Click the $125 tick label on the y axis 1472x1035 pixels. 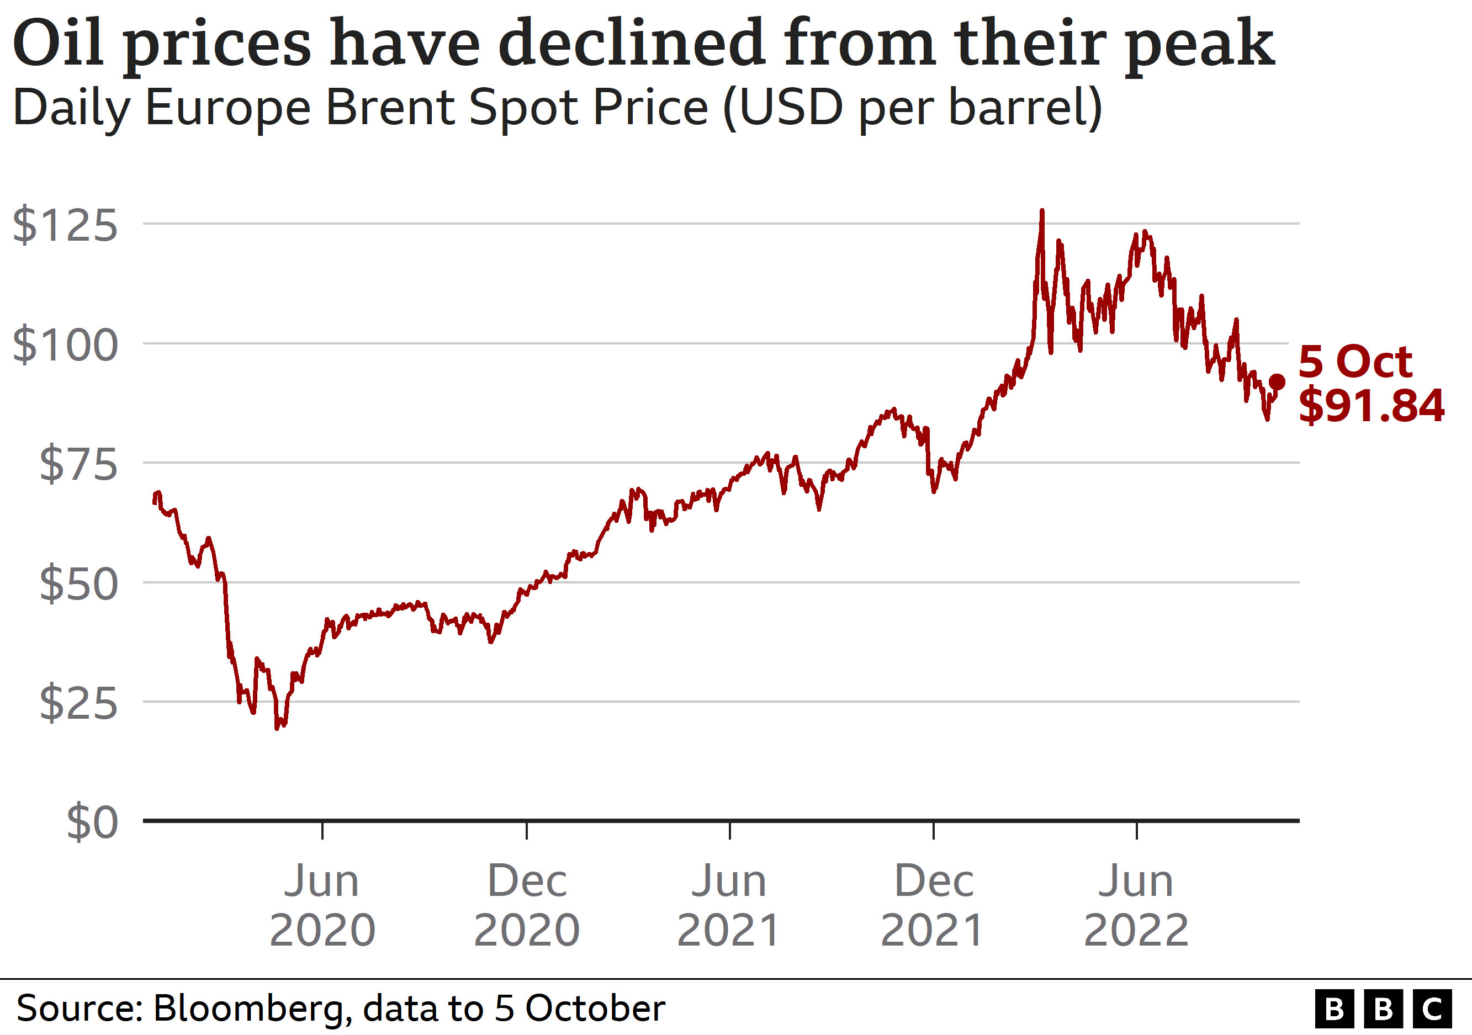[65, 226]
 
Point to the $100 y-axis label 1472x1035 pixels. [65, 345]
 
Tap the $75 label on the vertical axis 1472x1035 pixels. [79, 464]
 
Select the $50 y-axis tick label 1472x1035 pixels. [79, 584]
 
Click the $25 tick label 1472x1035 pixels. [79, 703]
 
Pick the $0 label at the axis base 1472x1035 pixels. [92, 822]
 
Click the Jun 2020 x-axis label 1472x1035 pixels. [322, 905]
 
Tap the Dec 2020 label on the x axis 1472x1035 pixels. [526, 905]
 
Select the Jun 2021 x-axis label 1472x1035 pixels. [729, 905]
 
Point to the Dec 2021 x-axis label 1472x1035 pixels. [933, 905]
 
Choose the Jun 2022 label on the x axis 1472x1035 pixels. [1136, 905]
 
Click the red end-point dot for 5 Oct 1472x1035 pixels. [1277, 382]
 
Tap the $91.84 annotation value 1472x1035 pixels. [1372, 405]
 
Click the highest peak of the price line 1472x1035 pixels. [1042, 211]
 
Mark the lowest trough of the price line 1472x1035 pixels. [277, 728]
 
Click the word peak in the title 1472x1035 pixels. [1200, 44]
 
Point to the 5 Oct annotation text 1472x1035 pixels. [1355, 362]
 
